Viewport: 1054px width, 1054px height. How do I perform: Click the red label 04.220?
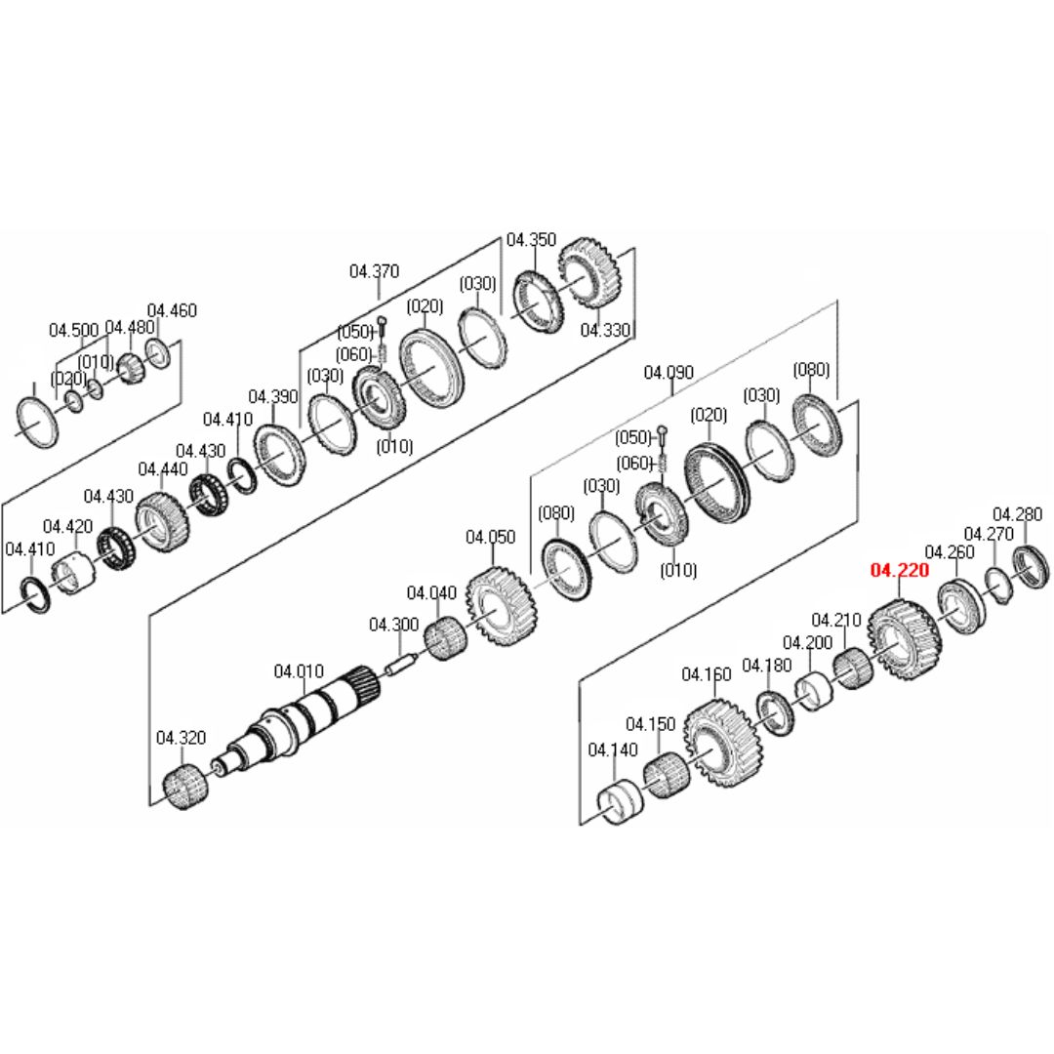900,571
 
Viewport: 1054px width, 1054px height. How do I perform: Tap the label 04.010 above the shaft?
299,670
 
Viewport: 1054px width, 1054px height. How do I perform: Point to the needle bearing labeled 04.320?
185,788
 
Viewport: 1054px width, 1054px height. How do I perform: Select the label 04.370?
374,271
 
